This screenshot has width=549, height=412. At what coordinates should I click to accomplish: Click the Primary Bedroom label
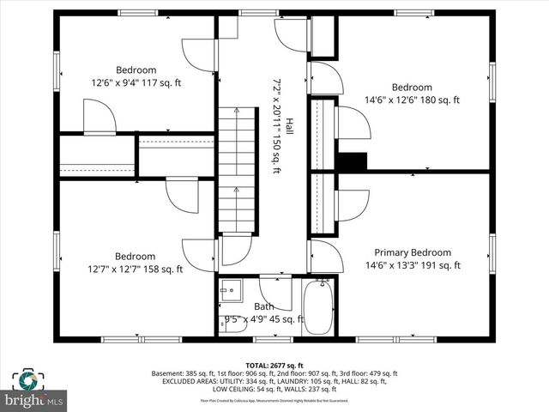[x=412, y=252]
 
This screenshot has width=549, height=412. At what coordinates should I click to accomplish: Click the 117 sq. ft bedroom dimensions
[x=136, y=82]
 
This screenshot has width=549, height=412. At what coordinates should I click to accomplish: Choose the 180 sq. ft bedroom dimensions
[x=412, y=100]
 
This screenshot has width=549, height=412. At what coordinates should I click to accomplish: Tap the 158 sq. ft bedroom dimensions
[x=136, y=269]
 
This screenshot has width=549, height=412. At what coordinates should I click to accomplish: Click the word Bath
[x=264, y=306]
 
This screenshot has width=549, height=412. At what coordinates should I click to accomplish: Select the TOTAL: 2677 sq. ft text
[x=274, y=365]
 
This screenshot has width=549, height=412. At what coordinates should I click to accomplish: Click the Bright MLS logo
[x=34, y=391]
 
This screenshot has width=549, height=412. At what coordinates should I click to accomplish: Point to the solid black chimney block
[x=352, y=161]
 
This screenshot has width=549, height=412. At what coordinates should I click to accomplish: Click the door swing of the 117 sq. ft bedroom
[x=196, y=56]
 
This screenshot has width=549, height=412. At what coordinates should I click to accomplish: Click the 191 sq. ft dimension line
[x=412, y=265]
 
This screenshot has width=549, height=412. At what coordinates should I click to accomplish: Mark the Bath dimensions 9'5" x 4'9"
[x=264, y=319]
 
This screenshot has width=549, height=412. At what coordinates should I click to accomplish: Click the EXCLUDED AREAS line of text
[x=274, y=382]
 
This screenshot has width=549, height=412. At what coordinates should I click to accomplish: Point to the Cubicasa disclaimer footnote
[x=274, y=400]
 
